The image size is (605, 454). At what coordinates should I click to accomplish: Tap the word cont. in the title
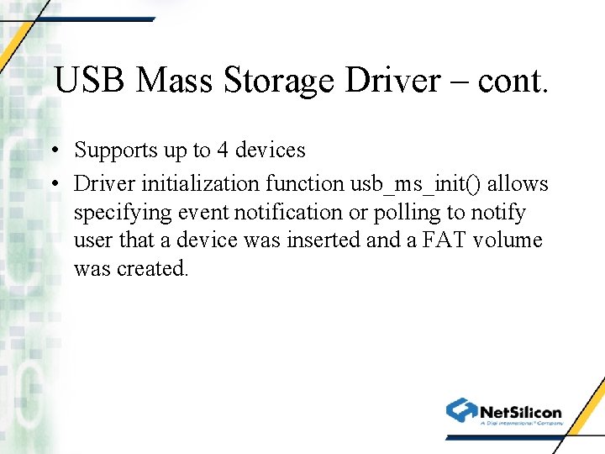pyautogui.click(x=513, y=81)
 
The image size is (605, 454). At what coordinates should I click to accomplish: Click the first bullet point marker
pyautogui.click(x=52, y=150)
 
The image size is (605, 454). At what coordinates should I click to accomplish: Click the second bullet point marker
pyautogui.click(x=52, y=183)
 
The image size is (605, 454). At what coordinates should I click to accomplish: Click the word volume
pyautogui.click(x=508, y=240)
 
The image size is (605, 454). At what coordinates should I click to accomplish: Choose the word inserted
pyautogui.click(x=324, y=240)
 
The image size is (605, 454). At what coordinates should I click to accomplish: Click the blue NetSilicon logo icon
pyautogui.click(x=461, y=410)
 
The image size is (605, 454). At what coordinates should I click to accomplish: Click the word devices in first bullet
pyautogui.click(x=270, y=150)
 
